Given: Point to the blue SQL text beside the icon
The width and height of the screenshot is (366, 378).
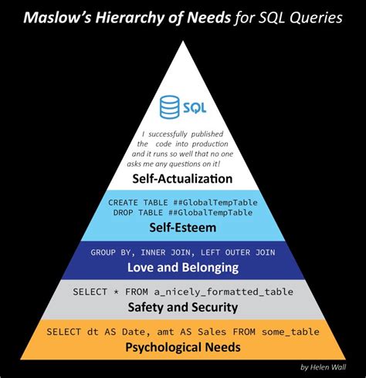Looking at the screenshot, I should point(195,107).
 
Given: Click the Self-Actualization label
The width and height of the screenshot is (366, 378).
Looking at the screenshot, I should point(183,178).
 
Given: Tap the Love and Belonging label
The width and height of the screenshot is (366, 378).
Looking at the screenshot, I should point(183,268).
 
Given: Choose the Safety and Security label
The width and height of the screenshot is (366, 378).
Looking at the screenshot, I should point(183,306).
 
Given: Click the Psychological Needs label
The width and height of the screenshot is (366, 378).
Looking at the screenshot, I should point(183,347).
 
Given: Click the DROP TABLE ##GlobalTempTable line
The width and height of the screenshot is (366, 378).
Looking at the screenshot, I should point(183,212).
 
